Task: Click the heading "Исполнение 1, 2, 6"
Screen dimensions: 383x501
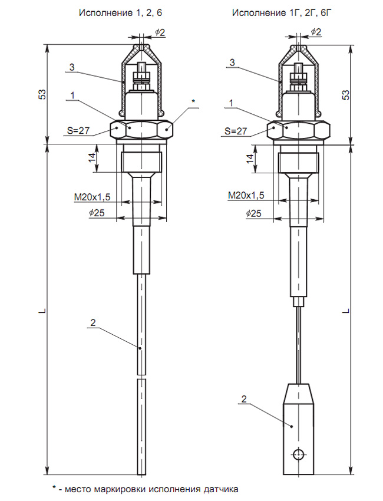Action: (120, 13)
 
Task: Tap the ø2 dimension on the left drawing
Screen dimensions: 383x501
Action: (160, 32)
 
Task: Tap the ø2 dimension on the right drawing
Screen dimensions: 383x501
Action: (316, 32)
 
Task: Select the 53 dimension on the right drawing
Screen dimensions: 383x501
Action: (346, 95)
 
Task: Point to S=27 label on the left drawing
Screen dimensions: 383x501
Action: (78, 130)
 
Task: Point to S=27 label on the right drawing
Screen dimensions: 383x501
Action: (236, 131)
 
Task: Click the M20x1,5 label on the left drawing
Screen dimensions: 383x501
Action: (92, 197)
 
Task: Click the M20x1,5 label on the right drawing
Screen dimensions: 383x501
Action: (246, 195)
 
